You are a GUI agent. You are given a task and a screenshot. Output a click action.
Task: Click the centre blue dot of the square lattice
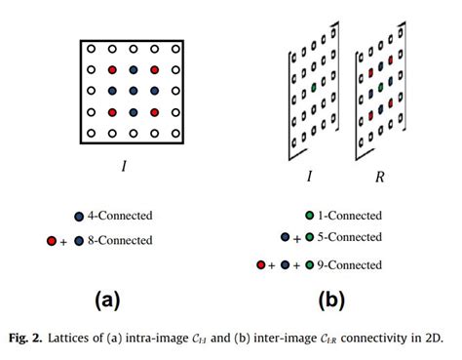[x=134, y=91]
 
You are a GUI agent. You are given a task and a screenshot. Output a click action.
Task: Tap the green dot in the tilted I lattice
[x=314, y=88]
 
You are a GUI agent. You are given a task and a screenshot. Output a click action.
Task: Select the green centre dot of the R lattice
[x=381, y=85]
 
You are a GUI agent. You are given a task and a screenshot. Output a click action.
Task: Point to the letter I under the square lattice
[x=124, y=166]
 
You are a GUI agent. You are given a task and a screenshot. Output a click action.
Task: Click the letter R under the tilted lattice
[x=379, y=180]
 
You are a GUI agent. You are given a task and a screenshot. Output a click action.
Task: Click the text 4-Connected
[x=121, y=215]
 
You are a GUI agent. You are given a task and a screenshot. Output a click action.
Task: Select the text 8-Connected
[x=121, y=240]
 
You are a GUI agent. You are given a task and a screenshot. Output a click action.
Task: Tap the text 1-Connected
[x=349, y=216]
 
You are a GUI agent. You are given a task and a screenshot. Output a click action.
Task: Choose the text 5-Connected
[x=349, y=237]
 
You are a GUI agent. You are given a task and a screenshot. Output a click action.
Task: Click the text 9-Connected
[x=349, y=263]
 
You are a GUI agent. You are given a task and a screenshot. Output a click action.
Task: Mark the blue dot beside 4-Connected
[x=80, y=215]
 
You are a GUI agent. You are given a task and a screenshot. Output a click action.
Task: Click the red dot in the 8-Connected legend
[x=52, y=240]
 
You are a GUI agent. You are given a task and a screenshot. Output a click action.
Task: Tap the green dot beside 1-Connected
[x=309, y=216]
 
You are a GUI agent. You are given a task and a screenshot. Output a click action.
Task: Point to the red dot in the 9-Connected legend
[x=260, y=263]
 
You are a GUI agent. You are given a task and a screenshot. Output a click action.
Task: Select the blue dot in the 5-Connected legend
[x=285, y=237]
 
